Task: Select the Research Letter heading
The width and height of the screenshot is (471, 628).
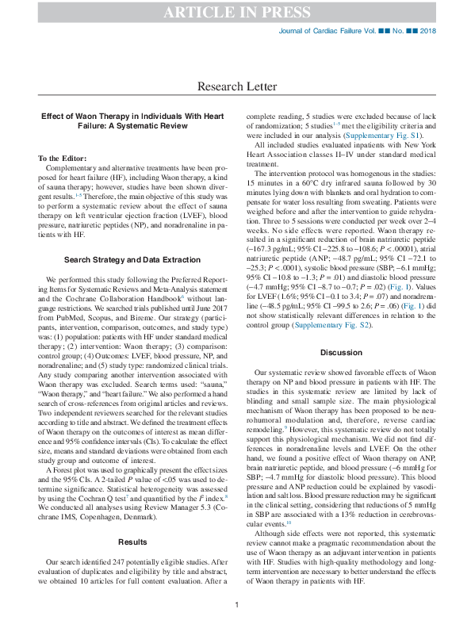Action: (235, 86)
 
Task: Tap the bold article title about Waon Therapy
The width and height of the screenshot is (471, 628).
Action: (132, 121)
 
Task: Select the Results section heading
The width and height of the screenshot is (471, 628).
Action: (132, 520)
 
